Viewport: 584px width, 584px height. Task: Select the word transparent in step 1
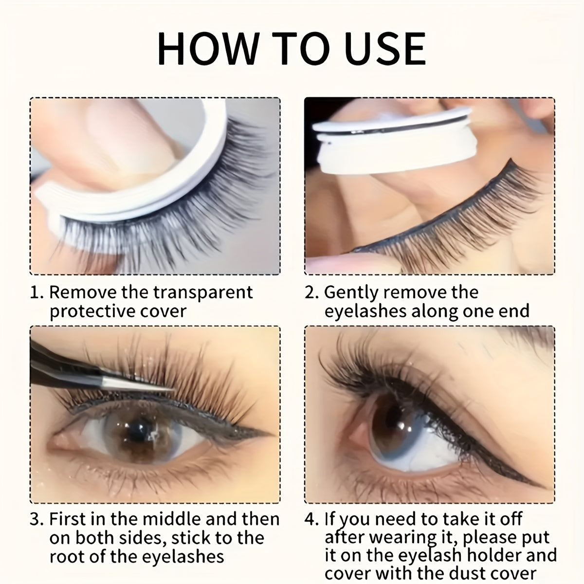pos(203,292)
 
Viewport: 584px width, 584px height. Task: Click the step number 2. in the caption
pos(312,292)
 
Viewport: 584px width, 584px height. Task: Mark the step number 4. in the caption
pos(312,519)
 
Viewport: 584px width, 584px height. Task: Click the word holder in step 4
pos(496,555)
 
